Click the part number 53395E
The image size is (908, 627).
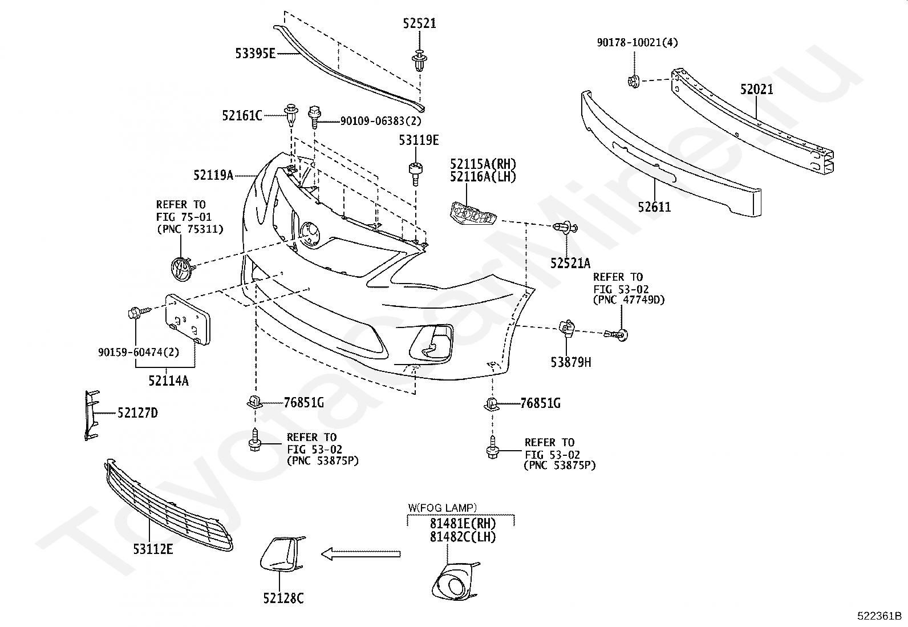(256, 53)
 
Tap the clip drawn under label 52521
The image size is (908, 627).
(420, 61)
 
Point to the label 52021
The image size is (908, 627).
(757, 89)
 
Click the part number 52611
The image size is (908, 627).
(654, 207)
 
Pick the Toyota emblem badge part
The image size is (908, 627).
(183, 268)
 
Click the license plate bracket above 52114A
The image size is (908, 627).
(188, 319)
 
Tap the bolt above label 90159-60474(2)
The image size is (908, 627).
(139, 313)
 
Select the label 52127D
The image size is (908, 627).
(137, 413)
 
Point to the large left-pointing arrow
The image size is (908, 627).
(361, 553)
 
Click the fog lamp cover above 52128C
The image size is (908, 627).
(282, 555)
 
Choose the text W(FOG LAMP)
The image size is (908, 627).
(442, 507)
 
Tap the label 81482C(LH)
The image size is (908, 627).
(463, 536)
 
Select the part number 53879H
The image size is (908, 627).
(571, 362)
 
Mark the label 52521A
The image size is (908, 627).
(570, 263)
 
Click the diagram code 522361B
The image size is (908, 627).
(879, 616)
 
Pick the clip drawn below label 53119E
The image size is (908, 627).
(416, 173)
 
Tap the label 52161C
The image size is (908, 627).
(242, 116)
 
